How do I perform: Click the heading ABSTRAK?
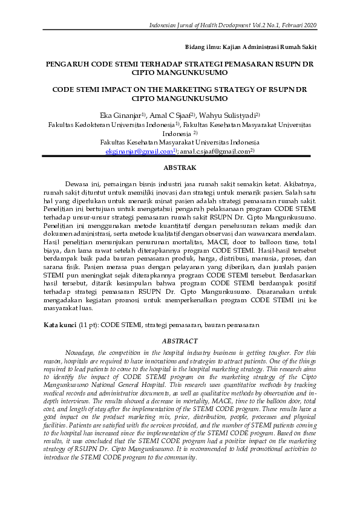[180, 167]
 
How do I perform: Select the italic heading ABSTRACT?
[180, 342]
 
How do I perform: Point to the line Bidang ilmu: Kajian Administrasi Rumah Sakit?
[250, 46]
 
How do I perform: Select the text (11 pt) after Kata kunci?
[88, 325]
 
